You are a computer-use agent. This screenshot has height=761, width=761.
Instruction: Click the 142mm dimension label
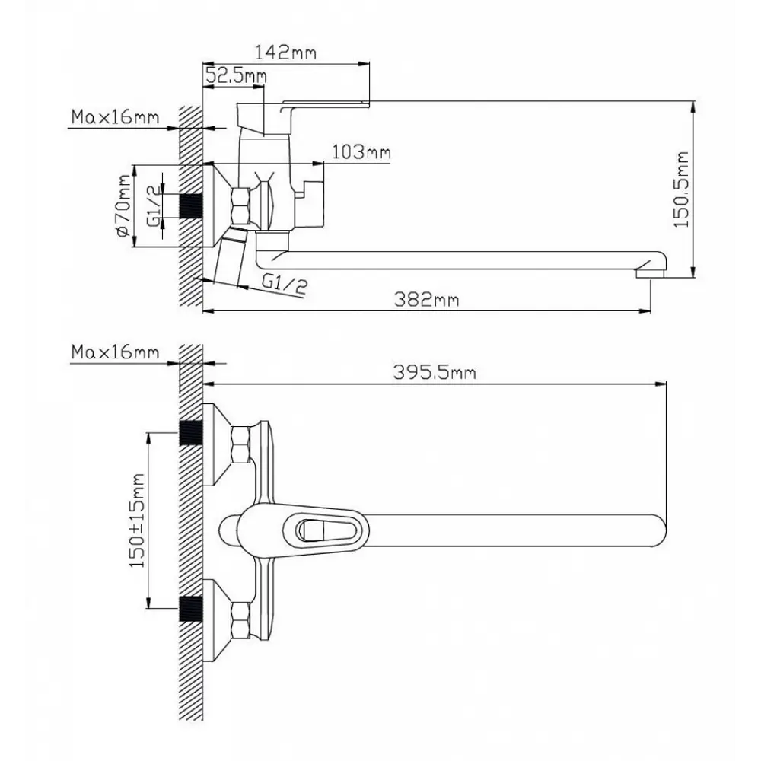coord(286,52)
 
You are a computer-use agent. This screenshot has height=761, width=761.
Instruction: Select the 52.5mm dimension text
coord(236,75)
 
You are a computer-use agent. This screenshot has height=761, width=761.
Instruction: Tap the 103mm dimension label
coord(361,152)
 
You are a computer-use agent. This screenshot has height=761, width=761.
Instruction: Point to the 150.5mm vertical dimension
coord(681,189)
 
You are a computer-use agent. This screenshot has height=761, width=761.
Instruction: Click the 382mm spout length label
coord(426,299)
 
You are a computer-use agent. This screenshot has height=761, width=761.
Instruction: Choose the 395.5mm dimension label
coord(435,372)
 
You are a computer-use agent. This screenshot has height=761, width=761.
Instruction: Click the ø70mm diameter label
coord(123,205)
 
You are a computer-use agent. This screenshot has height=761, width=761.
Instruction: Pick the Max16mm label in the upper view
coord(115,117)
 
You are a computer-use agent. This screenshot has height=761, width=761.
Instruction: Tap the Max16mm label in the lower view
coord(115,352)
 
